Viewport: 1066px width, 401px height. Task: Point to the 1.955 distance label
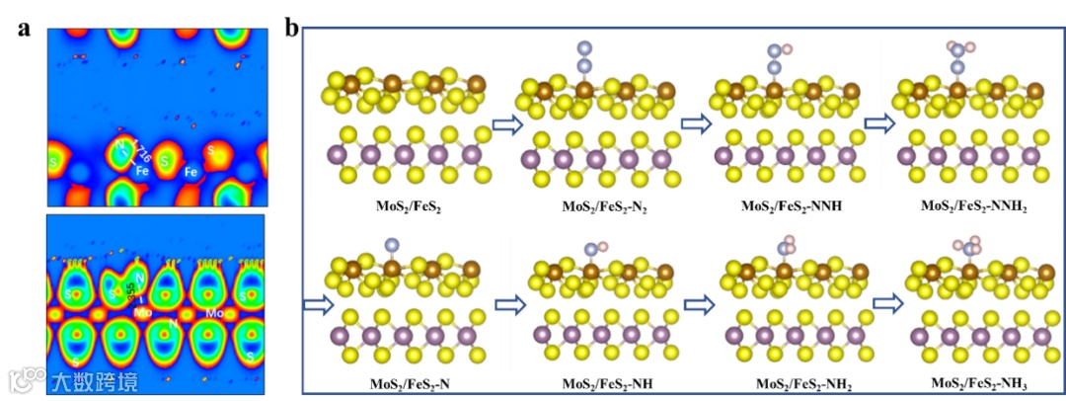[x=134, y=290]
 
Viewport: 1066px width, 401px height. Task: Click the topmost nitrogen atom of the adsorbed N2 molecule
[x=584, y=47]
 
